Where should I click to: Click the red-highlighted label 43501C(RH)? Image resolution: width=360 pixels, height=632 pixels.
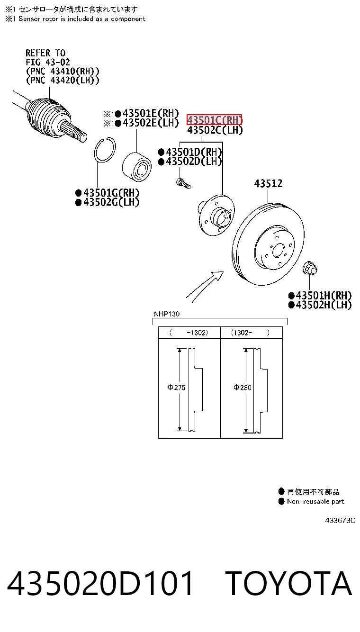215,120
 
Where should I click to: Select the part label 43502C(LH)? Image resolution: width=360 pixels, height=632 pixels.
215,130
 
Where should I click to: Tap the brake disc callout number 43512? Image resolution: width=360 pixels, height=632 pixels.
268,184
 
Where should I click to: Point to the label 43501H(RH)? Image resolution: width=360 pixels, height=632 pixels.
324,296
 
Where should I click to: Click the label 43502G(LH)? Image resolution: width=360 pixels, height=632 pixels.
111,202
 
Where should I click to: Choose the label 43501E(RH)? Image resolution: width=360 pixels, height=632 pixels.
151,113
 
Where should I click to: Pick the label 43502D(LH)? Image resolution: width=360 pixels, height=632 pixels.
194,162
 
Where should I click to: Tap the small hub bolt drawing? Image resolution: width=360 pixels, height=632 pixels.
183,183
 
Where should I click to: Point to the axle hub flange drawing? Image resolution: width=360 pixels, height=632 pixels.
216,215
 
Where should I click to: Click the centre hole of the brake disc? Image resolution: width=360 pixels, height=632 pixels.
278,250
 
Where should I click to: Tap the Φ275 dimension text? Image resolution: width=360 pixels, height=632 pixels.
176,388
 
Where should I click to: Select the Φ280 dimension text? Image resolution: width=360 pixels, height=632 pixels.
243,388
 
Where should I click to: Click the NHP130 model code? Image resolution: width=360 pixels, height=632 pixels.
166,314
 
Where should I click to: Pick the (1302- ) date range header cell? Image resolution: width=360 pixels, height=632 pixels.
251,333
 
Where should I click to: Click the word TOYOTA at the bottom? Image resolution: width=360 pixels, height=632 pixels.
288,583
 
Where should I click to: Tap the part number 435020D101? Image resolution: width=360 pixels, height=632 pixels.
100,583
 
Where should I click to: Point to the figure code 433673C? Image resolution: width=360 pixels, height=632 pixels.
340,521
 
